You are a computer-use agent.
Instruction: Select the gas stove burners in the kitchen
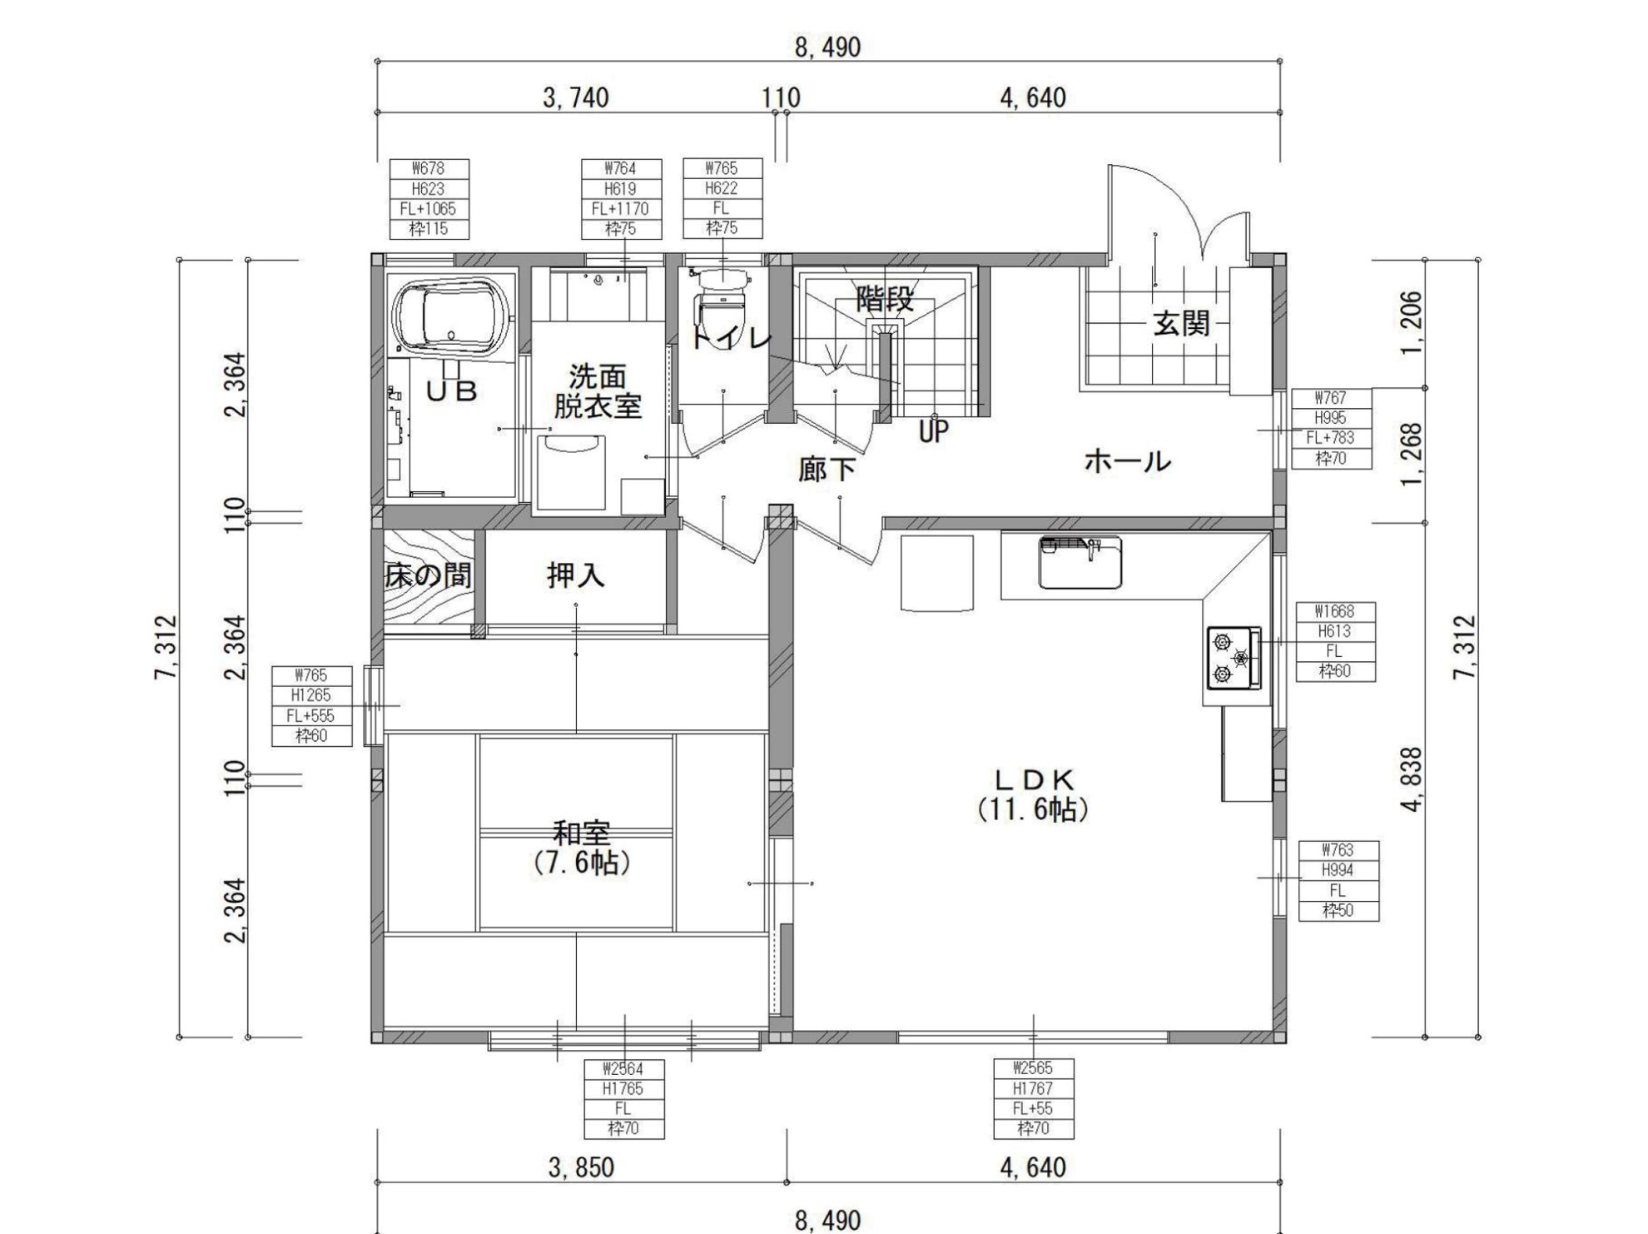pyautogui.click(x=1234, y=658)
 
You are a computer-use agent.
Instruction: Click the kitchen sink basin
pyautogui.click(x=1080, y=562)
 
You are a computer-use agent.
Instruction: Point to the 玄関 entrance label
pyautogui.click(x=1181, y=323)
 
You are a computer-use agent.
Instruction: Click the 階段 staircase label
pyautogui.click(x=885, y=300)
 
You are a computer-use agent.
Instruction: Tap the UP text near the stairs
pyautogui.click(x=933, y=431)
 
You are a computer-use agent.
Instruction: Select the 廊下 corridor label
pyautogui.click(x=826, y=470)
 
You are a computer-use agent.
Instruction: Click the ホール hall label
pyautogui.click(x=1128, y=460)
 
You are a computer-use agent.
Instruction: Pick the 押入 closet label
pyautogui.click(x=575, y=575)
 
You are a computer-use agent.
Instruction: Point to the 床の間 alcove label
pyautogui.click(x=428, y=575)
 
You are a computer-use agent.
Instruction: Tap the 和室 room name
pyautogui.click(x=582, y=833)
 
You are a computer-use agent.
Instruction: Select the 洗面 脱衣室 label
pyautogui.click(x=598, y=391)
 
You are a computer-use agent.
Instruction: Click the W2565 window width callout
pyautogui.click(x=1033, y=1068)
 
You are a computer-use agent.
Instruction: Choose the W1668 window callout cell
pyautogui.click(x=1335, y=611)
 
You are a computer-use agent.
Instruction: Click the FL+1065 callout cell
pyautogui.click(x=429, y=208)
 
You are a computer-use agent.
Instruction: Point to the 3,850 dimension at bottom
pyautogui.click(x=581, y=1167)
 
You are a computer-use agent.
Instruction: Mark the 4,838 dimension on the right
pyautogui.click(x=1412, y=780)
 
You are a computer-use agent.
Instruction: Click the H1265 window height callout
pyautogui.click(x=311, y=695)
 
